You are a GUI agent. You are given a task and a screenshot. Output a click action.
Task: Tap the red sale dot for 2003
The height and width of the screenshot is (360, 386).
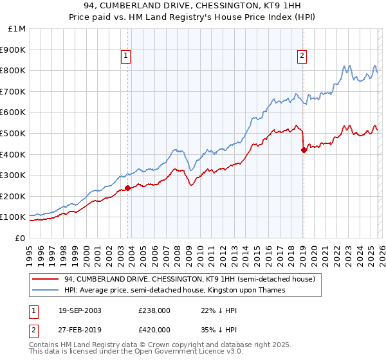pyautogui.click(x=128, y=188)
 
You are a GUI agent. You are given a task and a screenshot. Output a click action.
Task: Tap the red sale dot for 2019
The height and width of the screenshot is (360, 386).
pyautogui.click(x=304, y=150)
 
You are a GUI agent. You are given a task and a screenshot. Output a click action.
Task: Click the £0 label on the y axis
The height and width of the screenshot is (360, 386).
pyautogui.click(x=20, y=238)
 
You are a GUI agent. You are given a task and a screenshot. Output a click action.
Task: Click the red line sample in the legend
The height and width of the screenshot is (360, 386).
pyautogui.click(x=46, y=280)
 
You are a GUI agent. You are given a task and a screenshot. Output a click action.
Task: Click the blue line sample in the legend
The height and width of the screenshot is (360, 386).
pyautogui.click(x=46, y=291)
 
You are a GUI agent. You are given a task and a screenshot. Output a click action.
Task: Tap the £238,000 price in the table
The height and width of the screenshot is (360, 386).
pyautogui.click(x=154, y=310)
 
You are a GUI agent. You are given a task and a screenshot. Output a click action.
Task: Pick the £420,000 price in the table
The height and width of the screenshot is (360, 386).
pyautogui.click(x=154, y=330)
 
